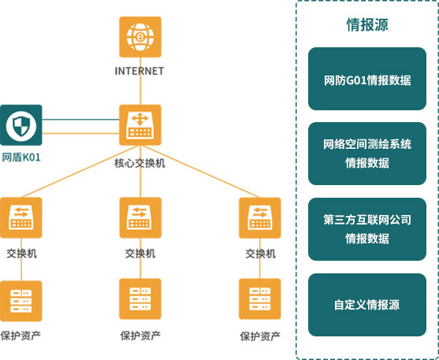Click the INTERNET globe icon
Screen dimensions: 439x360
[x=140, y=37]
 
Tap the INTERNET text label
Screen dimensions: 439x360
[x=140, y=71]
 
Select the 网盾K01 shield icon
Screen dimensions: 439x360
[x=21, y=125]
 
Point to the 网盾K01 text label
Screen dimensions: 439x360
[x=21, y=158]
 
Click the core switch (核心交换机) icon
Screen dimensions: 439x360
[x=140, y=125]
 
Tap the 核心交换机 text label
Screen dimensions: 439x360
[x=140, y=163]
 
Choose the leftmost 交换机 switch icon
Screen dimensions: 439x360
[x=21, y=217]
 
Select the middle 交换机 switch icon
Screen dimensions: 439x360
[x=140, y=217]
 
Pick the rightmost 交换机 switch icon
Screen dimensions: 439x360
[x=260, y=217]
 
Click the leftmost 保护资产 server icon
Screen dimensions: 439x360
[x=21, y=301]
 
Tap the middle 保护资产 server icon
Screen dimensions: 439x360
[x=140, y=299]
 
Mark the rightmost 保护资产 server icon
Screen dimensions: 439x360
[x=260, y=299]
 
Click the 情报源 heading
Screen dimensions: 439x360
[x=367, y=25]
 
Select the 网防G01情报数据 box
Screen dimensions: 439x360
[x=367, y=79]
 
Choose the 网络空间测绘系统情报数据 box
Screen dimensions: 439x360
[x=367, y=154]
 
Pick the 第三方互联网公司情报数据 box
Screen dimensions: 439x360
[x=367, y=229]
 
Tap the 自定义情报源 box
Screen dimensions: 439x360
[x=367, y=305]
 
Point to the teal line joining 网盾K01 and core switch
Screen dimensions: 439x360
[x=80, y=120]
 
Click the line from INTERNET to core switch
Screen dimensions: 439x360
[x=140, y=81]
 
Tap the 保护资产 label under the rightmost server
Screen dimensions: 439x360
[x=260, y=336]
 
